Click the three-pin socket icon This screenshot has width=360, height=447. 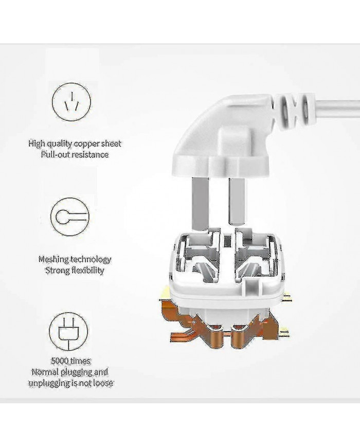tap(71, 102)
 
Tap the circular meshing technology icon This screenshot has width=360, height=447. tap(70, 217)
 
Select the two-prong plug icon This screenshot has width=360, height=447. tap(69, 331)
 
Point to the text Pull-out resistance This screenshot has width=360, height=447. tap(75, 154)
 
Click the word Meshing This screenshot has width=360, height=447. tap(53, 259)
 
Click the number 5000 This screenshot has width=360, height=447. tap(60, 361)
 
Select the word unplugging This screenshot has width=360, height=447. tap(49, 383)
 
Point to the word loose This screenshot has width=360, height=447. tap(103, 383)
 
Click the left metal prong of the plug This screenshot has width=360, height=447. tap(201, 203)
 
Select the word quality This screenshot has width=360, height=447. tap(59, 144)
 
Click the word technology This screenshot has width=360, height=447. tap(91, 259)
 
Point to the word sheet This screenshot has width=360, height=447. tap(112, 143)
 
